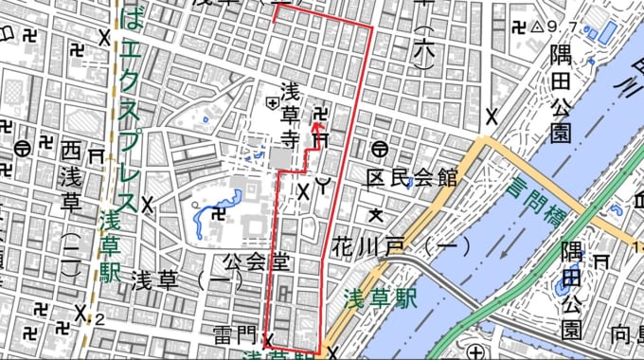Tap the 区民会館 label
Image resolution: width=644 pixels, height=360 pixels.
413,177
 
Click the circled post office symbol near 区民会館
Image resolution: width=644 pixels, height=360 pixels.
379,149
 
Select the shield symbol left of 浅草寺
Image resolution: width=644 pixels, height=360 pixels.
273,99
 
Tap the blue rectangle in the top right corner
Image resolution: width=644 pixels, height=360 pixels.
604,31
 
